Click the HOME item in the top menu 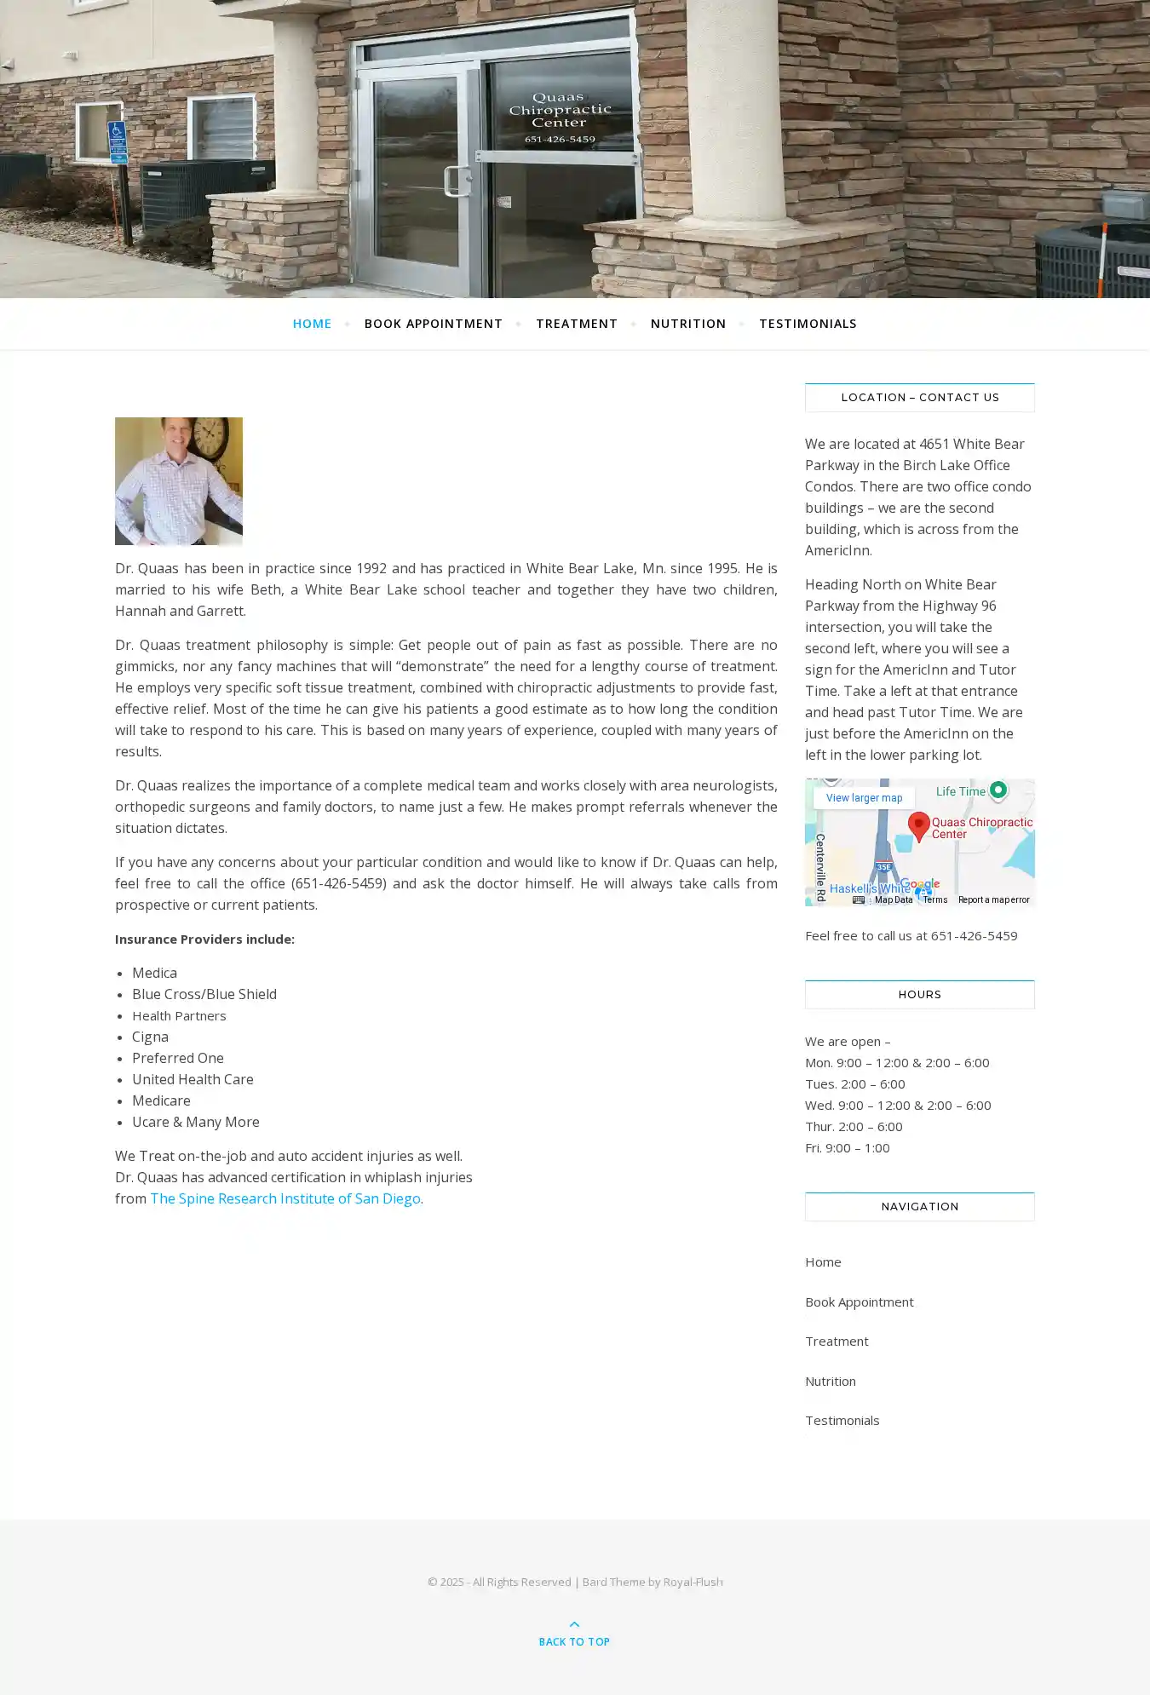coord(312,324)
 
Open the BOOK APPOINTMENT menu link coord(433,324)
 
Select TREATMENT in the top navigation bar coord(576,324)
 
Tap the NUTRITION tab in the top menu coord(687,324)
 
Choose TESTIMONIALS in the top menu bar coord(808,324)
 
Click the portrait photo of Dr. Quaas coord(179,481)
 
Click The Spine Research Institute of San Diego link coord(285,1198)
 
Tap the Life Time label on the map coord(960,791)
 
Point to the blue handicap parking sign coord(118,141)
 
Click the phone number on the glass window coord(560,139)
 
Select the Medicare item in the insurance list coord(161,1100)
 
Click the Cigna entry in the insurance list coord(150,1037)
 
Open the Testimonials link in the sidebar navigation coord(842,1420)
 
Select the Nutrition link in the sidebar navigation coord(830,1381)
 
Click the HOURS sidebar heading coord(919,994)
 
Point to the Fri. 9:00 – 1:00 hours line coord(847,1147)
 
